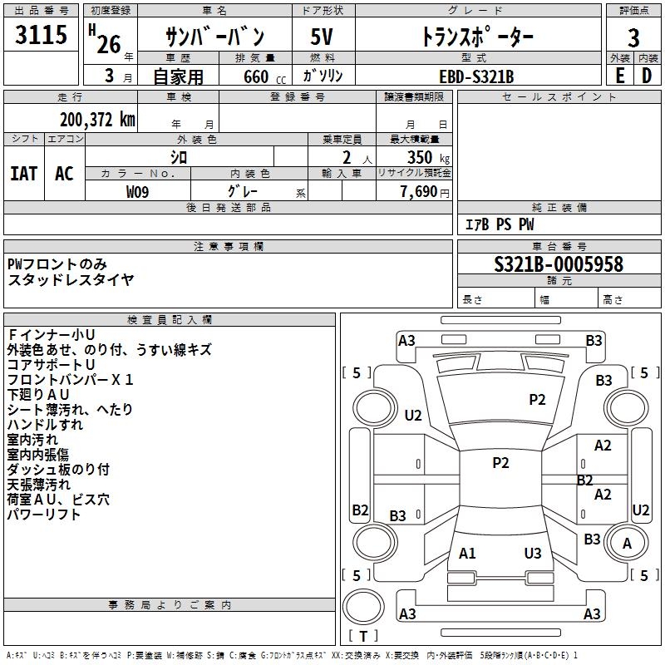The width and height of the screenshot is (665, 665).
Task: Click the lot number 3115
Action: (x=41, y=34)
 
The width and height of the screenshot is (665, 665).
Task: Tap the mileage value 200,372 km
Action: (x=97, y=120)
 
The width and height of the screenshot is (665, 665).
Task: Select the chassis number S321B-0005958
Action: (x=559, y=264)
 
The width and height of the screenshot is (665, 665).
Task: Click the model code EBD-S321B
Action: (x=476, y=76)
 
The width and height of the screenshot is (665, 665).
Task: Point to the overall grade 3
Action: (x=633, y=37)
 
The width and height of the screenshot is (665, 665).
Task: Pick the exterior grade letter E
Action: (x=620, y=76)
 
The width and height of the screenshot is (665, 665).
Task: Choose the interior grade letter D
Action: (x=647, y=76)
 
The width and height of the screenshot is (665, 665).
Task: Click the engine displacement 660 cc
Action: (x=264, y=76)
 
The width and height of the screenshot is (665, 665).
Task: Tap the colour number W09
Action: (x=137, y=192)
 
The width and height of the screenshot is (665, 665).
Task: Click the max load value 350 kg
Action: (x=428, y=157)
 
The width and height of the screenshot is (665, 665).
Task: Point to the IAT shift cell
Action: (x=24, y=173)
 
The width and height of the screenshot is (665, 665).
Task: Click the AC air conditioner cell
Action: (x=64, y=173)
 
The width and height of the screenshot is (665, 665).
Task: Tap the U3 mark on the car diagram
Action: (x=533, y=553)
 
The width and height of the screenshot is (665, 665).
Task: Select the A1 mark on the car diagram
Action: (x=467, y=553)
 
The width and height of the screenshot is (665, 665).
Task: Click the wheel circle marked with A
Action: (x=627, y=543)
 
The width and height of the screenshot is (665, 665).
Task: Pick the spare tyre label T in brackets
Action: (x=363, y=636)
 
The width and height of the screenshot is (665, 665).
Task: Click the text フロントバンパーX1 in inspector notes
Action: (x=71, y=379)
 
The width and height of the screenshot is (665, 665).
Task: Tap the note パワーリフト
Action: (x=44, y=514)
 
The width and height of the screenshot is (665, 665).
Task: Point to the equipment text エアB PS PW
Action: (x=500, y=224)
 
